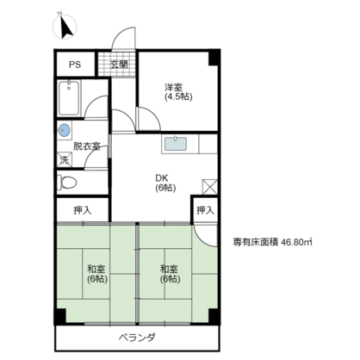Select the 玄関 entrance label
[x=117, y=65]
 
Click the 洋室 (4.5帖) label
[x=174, y=90]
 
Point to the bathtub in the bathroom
[x=69, y=98]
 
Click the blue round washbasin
[x=64, y=131]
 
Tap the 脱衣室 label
[x=88, y=146]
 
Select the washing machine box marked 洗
[x=64, y=159]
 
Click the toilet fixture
[x=69, y=183]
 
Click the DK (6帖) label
[x=164, y=183]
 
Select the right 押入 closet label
[x=204, y=210]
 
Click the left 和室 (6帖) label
[x=95, y=275]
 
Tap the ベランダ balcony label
[x=137, y=337]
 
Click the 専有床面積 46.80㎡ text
[x=273, y=241]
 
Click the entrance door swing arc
[x=124, y=40]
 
